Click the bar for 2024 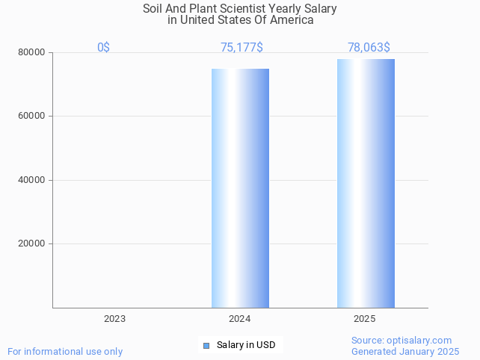[240, 187]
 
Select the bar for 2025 [366, 183]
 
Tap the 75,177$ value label [241, 47]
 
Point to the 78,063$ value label [369, 47]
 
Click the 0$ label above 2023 [103, 47]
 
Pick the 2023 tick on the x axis [114, 319]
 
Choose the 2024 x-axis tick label [240, 319]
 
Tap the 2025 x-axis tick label [365, 319]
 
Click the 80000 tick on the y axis [32, 52]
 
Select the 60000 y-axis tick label [32, 116]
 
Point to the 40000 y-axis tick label [32, 180]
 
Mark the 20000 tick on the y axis [32, 243]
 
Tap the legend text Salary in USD [246, 345]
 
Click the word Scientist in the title [250, 9]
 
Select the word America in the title [291, 20]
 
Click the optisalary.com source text [401, 340]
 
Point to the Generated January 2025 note [405, 351]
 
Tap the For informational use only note [65, 351]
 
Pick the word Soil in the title [155, 9]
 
